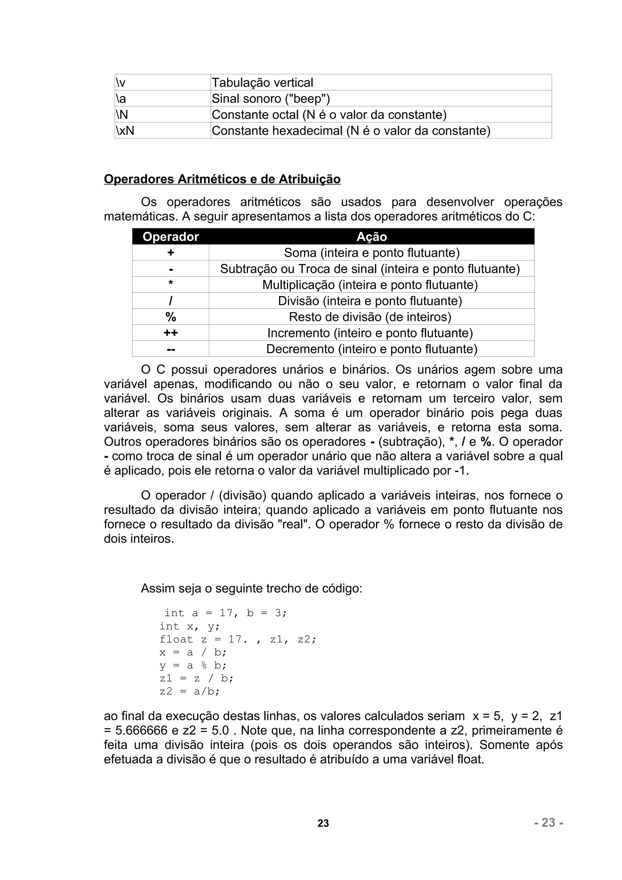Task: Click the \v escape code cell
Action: pyautogui.click(x=162, y=82)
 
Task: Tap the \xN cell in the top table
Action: pyautogui.click(x=162, y=131)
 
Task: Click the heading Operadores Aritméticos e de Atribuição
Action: pyautogui.click(x=222, y=179)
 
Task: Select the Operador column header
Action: pyautogui.click(x=171, y=237)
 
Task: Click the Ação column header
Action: pyautogui.click(x=371, y=237)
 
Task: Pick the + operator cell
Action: pyautogui.click(x=171, y=253)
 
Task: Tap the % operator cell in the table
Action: pyautogui.click(x=171, y=317)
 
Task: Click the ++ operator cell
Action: pyautogui.click(x=171, y=333)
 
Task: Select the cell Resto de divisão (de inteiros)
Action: pyautogui.click(x=370, y=317)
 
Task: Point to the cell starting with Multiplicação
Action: pyautogui.click(x=370, y=285)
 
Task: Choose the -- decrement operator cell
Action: pyautogui.click(x=171, y=349)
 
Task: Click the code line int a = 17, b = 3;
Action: pyautogui.click(x=225, y=613)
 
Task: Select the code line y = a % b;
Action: pyautogui.click(x=193, y=665)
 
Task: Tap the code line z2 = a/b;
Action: pyautogui.click(x=190, y=691)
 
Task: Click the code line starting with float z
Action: pyautogui.click(x=238, y=639)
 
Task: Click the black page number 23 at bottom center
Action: pyautogui.click(x=323, y=823)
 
